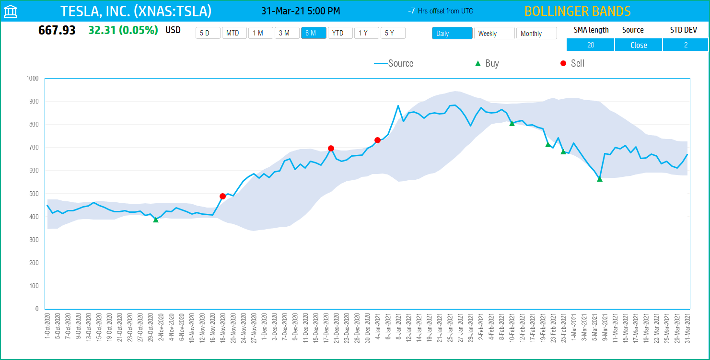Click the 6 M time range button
[x=314, y=33]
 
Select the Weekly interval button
[x=494, y=34]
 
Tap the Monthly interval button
[x=536, y=34]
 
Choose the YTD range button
[x=340, y=33]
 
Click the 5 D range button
[x=208, y=33]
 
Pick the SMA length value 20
[x=590, y=45]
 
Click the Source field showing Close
[x=639, y=45]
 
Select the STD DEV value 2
[x=686, y=45]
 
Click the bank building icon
[x=11, y=12]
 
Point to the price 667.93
[x=57, y=30]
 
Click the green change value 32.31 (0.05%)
[x=123, y=30]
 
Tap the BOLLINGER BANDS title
[x=577, y=12]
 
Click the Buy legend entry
[x=487, y=63]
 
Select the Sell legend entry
[x=572, y=63]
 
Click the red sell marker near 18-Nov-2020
[x=222, y=196]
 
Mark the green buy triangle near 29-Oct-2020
[x=156, y=220]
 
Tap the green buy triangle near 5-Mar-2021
[x=600, y=179]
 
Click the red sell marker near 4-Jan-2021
[x=377, y=140]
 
